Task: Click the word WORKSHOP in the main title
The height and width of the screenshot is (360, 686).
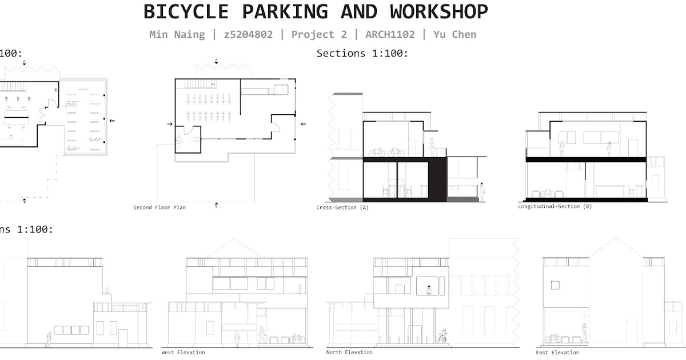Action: pyautogui.click(x=439, y=11)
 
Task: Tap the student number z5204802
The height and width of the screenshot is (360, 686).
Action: pyautogui.click(x=248, y=34)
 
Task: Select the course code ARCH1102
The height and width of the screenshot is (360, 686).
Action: pyautogui.click(x=386, y=34)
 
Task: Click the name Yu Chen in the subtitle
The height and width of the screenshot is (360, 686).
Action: pyautogui.click(x=454, y=34)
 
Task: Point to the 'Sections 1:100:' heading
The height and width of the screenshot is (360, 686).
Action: pyautogui.click(x=362, y=53)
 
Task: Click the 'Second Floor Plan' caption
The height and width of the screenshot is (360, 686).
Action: pyautogui.click(x=159, y=207)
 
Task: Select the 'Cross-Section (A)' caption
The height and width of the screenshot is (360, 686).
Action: pyautogui.click(x=342, y=207)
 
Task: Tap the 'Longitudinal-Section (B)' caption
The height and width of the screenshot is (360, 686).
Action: pyautogui.click(x=555, y=206)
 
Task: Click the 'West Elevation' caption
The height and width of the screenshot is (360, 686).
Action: pyautogui.click(x=183, y=352)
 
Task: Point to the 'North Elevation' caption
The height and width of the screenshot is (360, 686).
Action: pyautogui.click(x=349, y=352)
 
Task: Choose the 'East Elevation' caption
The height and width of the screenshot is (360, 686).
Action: pyautogui.click(x=557, y=352)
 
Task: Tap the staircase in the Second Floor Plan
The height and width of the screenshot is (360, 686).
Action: pyautogui.click(x=197, y=84)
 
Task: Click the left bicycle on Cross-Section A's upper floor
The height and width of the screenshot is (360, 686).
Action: pyautogui.click(x=376, y=153)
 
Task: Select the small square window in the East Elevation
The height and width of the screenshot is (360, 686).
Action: pyautogui.click(x=555, y=285)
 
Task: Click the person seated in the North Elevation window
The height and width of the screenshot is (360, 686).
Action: pyautogui.click(x=429, y=290)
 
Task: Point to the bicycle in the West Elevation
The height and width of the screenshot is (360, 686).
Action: pyautogui.click(x=296, y=339)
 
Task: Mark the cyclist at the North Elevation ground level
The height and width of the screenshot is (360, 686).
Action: pyautogui.click(x=442, y=336)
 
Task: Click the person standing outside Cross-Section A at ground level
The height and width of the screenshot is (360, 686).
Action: pyautogui.click(x=482, y=191)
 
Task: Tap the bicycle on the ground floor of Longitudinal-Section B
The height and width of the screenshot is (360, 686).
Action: pyautogui.click(x=547, y=194)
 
